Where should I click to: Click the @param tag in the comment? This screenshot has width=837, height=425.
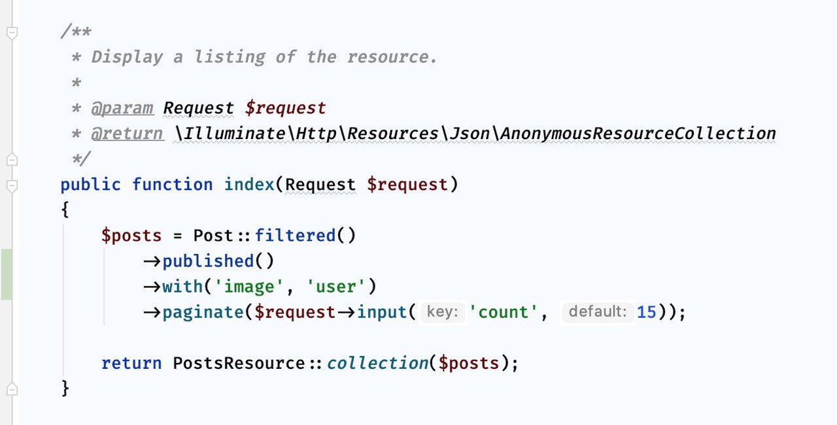122,108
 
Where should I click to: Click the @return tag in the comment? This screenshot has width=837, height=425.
127,134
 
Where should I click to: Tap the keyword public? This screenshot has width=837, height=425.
90,185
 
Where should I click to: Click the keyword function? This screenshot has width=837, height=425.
173,185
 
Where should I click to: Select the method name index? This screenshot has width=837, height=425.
249,185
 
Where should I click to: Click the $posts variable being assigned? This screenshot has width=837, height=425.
131,236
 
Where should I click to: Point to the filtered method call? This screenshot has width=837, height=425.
295,236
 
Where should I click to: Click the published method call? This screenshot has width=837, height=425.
208,261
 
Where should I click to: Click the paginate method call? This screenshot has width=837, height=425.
203,312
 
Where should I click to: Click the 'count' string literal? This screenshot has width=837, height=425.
509,312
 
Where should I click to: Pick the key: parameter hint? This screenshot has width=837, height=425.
442,312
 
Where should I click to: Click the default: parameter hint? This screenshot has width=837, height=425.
598,312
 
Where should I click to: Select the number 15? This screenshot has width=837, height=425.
646,312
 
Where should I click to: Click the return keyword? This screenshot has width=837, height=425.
131,363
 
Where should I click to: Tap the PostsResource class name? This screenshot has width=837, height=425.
239,363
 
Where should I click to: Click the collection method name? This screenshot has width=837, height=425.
377,363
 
